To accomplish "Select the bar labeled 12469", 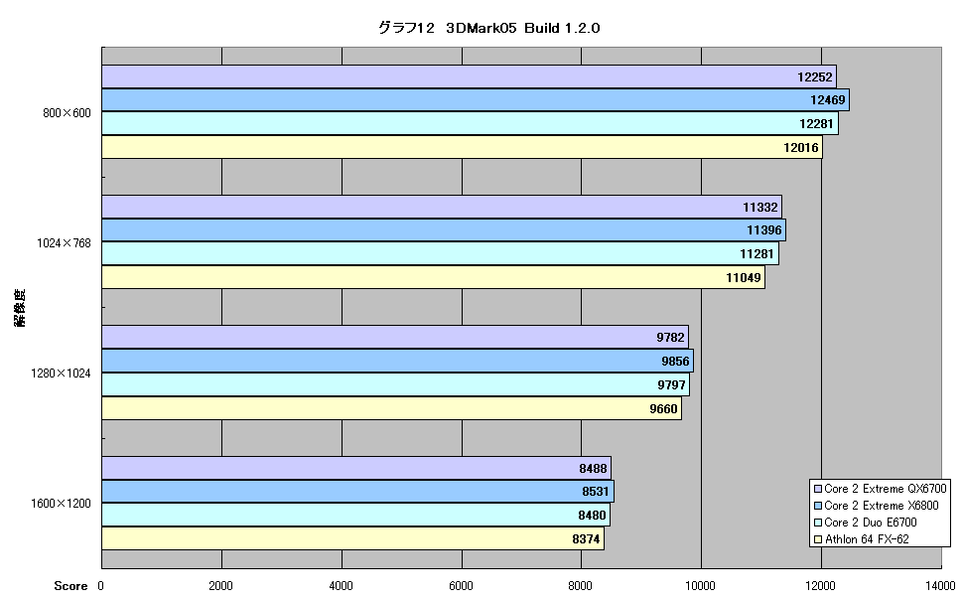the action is point(476,100).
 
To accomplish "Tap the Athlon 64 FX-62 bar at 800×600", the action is point(462,147).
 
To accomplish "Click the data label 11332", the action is point(760,208).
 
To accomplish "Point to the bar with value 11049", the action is point(433,277).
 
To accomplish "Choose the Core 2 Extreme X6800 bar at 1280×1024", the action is point(397,361).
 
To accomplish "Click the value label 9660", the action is point(664,409).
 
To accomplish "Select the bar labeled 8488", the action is point(356,469).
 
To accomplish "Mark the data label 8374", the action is point(586,539).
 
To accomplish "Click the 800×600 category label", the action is point(67,113).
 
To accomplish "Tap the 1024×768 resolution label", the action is point(64,243).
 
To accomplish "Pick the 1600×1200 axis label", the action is point(61,504).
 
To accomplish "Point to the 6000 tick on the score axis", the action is point(462,586).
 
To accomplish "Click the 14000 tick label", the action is point(941,586).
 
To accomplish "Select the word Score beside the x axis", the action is point(70,586).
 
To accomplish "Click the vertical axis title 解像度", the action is point(21,308).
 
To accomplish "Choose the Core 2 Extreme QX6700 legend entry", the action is point(880,489).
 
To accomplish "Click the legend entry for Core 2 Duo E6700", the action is point(866,523).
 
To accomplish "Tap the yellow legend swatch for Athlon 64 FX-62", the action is point(817,539).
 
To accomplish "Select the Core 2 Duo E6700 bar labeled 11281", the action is point(441,254).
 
